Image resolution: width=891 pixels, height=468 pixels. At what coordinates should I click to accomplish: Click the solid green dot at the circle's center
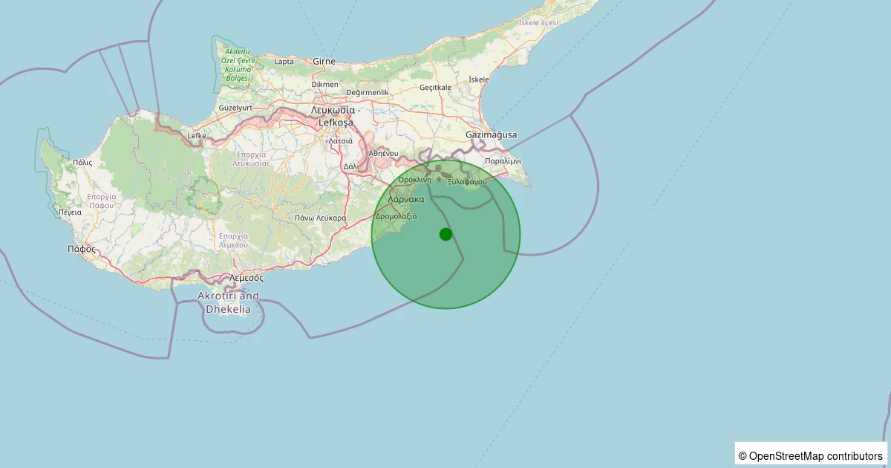coord(446,234)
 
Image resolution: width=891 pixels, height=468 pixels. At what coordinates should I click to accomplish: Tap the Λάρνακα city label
coord(406,199)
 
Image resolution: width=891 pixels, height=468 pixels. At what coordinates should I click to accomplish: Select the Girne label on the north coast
coord(324,61)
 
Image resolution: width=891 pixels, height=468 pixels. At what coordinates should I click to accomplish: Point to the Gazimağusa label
coord(491,134)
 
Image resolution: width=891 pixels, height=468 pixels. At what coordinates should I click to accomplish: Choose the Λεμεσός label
coord(246,277)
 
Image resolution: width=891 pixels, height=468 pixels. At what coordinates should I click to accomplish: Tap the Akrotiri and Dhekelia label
coord(228,302)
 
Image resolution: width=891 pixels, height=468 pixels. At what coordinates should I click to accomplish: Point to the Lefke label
coord(197,136)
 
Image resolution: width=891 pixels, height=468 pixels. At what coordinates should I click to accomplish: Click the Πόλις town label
coord(82,161)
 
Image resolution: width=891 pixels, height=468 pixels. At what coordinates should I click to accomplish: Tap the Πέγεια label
coord(70,212)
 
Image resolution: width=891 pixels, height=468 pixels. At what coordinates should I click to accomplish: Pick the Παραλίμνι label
coord(503,160)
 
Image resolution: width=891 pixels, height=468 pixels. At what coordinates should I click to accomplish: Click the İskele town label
coord(480,79)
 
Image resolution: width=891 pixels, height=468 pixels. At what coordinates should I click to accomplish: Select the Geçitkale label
coord(436,87)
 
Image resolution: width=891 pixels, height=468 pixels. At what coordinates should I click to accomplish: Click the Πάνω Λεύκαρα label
coord(320,218)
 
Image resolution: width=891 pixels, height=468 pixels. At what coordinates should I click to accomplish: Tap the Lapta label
coord(284,62)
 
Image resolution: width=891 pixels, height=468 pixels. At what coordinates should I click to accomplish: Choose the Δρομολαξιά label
coord(396,216)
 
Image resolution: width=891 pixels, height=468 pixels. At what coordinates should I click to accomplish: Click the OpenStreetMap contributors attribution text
coord(811,455)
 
